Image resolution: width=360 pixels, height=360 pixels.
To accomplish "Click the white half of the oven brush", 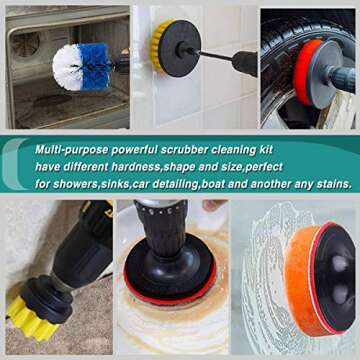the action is coord(67,68).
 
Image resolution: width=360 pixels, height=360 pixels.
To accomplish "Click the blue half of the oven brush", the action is coord(96,67).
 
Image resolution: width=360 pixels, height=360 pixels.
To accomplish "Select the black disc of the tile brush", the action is coord(180,48).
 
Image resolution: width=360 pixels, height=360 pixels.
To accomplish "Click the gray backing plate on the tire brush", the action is coord(322,73).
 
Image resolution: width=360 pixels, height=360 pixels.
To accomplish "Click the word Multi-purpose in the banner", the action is coord(71,150).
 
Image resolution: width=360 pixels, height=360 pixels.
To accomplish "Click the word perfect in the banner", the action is coord(264,166).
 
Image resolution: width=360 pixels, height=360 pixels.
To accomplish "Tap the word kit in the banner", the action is coord(266,149).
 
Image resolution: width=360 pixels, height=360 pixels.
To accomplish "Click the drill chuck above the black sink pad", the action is coord(161,222).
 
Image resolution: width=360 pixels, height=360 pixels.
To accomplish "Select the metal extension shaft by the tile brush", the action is coord(215,57).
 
